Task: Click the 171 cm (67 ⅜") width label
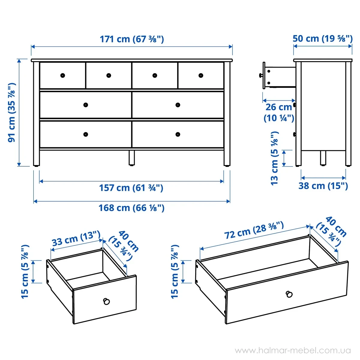[132, 39]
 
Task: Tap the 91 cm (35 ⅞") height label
[12, 112]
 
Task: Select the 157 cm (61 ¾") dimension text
[131, 188]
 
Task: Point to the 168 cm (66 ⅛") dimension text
[131, 208]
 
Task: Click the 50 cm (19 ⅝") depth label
[322, 39]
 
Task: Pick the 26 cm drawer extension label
[279, 113]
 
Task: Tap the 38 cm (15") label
[323, 186]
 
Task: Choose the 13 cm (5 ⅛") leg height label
[274, 158]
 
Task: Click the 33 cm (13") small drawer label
[76, 238]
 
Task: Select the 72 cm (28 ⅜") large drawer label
[254, 230]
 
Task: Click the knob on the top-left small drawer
[63, 76]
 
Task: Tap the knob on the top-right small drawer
[201, 76]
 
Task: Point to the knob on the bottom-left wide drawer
[85, 134]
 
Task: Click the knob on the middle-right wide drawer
[178, 105]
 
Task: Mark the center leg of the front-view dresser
[132, 158]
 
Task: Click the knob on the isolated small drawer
[106, 301]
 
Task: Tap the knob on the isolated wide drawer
[289, 294]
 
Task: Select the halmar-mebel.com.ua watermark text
[293, 350]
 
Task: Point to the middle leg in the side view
[323, 158]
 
